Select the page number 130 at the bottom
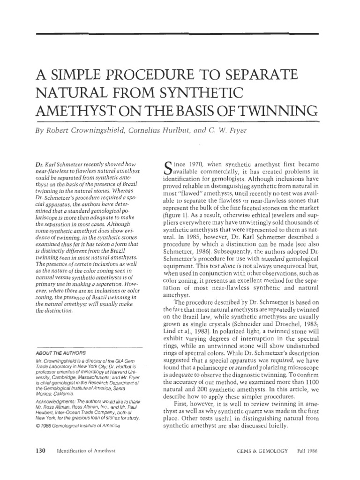(40, 450)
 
